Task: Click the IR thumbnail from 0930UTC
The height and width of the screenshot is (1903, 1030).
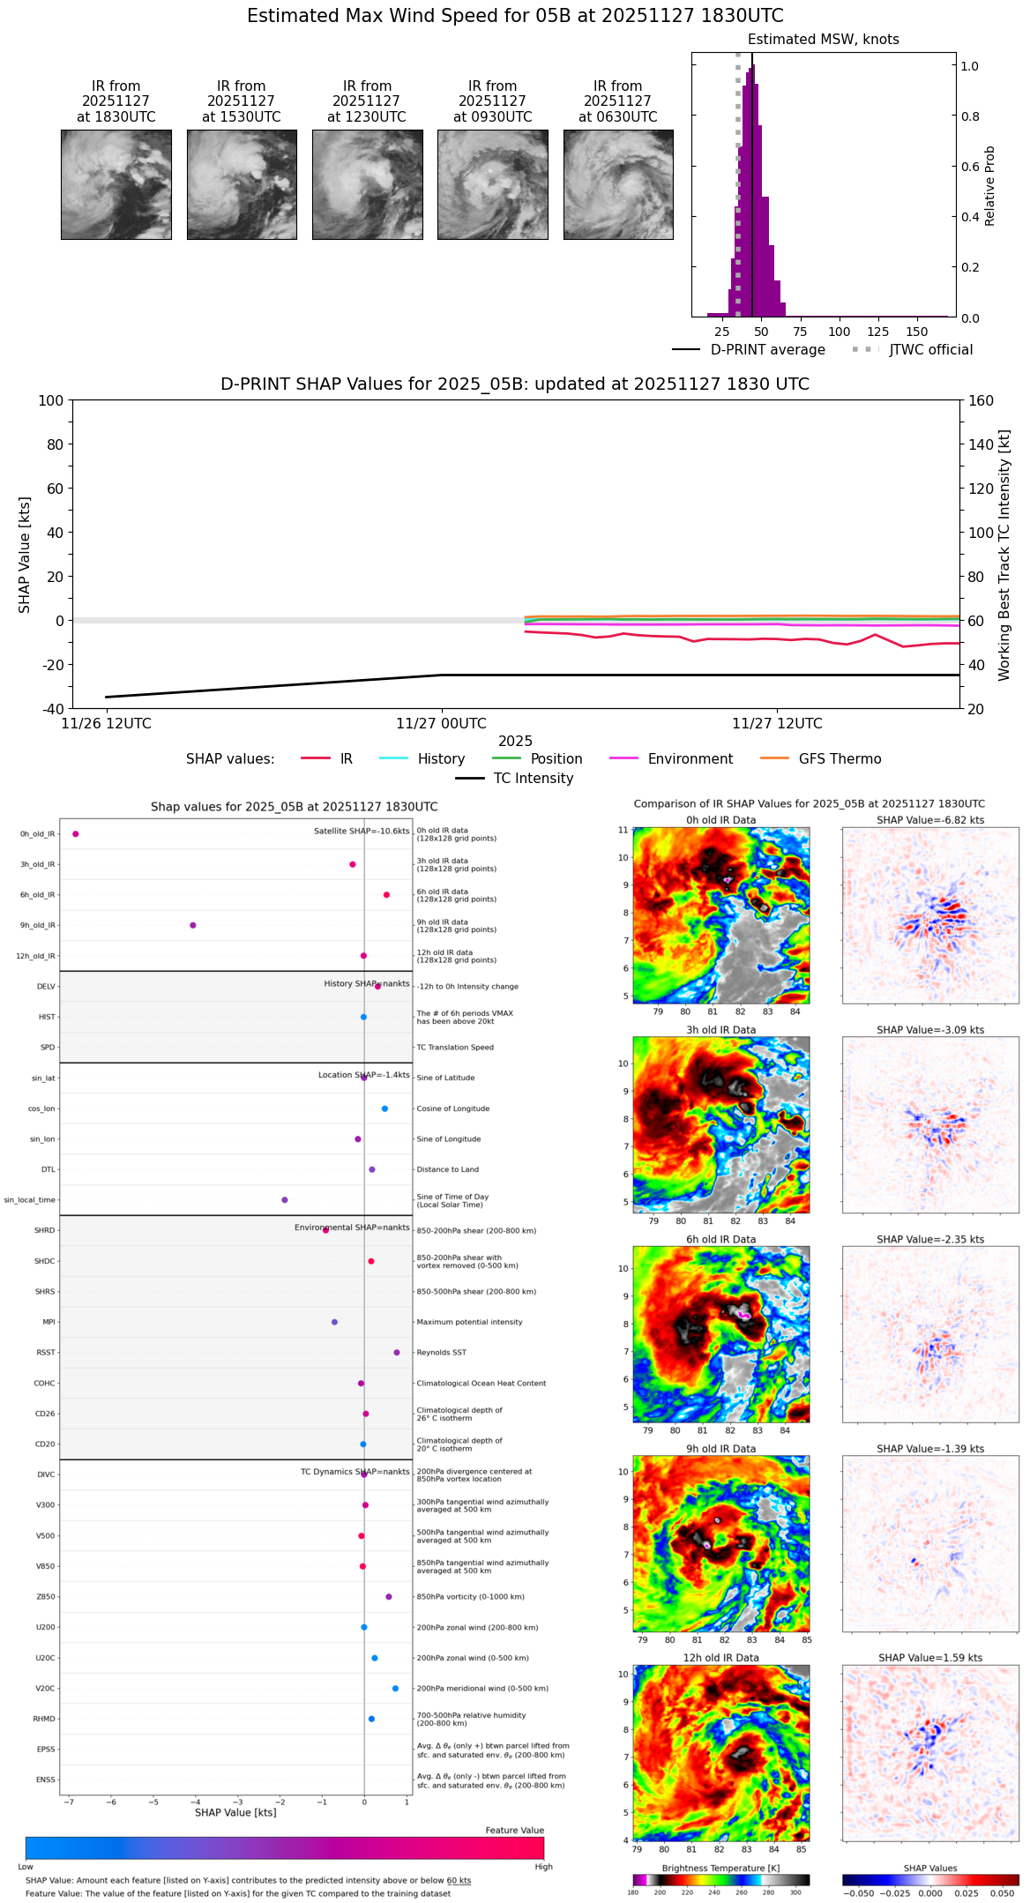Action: click(x=492, y=184)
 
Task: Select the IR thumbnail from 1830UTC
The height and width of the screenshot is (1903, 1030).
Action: click(x=116, y=184)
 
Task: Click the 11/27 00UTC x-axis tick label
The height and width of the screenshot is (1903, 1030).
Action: click(x=441, y=724)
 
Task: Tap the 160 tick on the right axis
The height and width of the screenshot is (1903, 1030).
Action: click(x=981, y=401)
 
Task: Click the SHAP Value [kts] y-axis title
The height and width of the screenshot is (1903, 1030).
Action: click(x=25, y=555)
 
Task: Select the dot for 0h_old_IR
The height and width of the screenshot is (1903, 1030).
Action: click(x=76, y=834)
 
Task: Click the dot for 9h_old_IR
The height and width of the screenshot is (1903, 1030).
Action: click(x=193, y=925)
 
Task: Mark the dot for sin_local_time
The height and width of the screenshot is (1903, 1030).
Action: click(x=285, y=1200)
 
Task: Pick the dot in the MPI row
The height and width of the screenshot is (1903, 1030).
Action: click(x=334, y=1322)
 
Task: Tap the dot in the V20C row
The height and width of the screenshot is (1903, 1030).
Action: click(x=395, y=1688)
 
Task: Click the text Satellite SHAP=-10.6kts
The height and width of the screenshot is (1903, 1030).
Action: click(x=362, y=832)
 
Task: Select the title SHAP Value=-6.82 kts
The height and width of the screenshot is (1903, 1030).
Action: click(x=929, y=820)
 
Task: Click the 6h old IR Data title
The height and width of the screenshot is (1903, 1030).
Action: click(x=720, y=1239)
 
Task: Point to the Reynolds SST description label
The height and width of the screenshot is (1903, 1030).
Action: click(x=441, y=1353)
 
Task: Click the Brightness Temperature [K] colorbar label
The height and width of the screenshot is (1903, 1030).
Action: click(x=720, y=1868)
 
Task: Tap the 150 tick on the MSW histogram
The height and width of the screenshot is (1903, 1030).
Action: click(x=917, y=332)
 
